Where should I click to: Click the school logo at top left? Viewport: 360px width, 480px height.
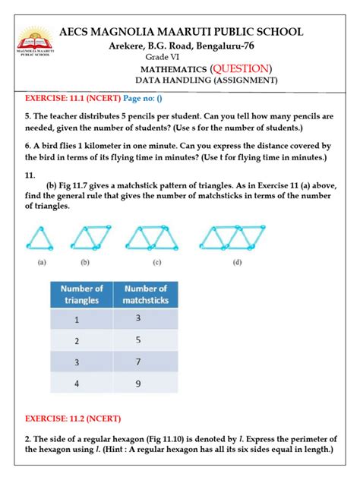coord(32,42)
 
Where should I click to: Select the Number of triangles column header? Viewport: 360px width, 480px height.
coord(82,294)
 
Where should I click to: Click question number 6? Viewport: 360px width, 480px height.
coord(28,146)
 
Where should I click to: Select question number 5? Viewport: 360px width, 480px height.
coord(28,117)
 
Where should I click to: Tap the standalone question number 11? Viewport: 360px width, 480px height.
coord(30,174)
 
